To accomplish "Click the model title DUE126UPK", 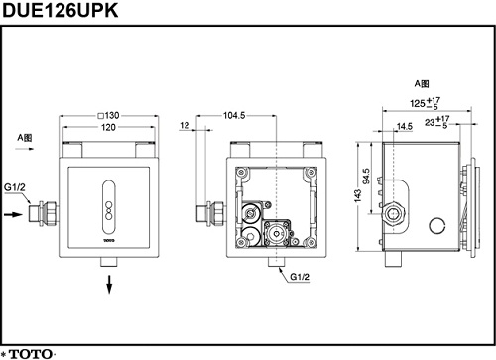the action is [60, 10].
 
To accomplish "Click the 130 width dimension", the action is [109, 115].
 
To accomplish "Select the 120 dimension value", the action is [108, 127].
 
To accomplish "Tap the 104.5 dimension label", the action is [234, 115].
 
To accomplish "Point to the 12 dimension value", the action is [185, 126].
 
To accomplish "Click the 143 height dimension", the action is [358, 195].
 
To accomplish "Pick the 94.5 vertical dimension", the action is [366, 177].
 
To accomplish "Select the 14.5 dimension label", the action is [405, 126].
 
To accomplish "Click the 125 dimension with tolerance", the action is [426, 103].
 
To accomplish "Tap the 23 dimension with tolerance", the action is [437, 122].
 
